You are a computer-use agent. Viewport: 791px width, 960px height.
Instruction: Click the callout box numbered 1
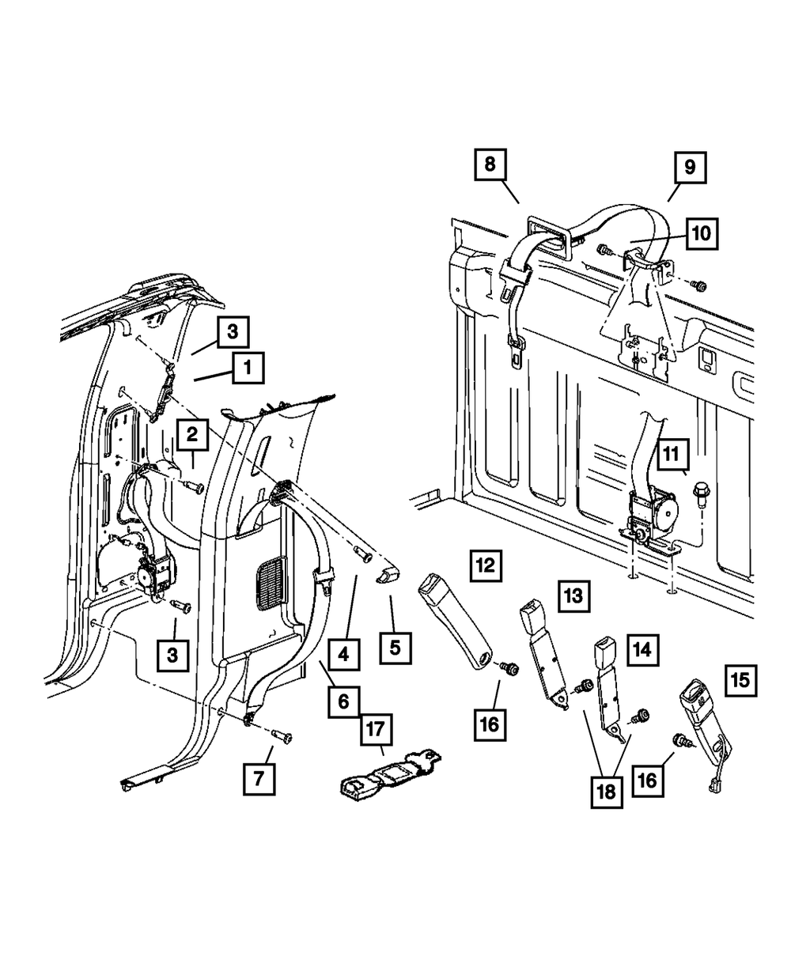click(x=248, y=368)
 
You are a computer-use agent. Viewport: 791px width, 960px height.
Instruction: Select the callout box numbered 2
click(x=192, y=434)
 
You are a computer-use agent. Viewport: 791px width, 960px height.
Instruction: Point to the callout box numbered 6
click(x=343, y=701)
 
